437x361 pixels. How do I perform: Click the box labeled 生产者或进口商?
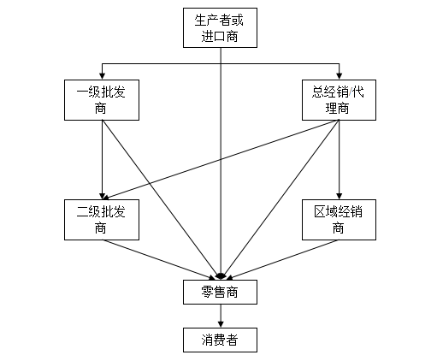click(x=221, y=27)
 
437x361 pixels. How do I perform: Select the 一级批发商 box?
click(x=102, y=99)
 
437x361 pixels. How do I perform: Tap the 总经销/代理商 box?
click(x=340, y=99)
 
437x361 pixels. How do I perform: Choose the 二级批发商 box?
click(x=102, y=219)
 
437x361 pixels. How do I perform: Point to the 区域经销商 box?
click(x=340, y=219)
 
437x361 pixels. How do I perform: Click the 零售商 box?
click(x=221, y=293)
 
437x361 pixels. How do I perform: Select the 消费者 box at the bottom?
click(x=221, y=340)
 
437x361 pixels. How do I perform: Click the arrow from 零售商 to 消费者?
click(x=221, y=316)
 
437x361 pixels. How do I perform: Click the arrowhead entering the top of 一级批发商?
click(x=102, y=74)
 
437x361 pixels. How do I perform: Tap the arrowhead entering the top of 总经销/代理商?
click(x=340, y=74)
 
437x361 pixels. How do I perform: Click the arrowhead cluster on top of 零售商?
click(x=221, y=275)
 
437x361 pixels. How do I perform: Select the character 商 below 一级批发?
click(x=102, y=109)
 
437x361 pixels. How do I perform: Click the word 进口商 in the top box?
click(x=221, y=36)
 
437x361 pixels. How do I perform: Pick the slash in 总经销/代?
click(x=351, y=91)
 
